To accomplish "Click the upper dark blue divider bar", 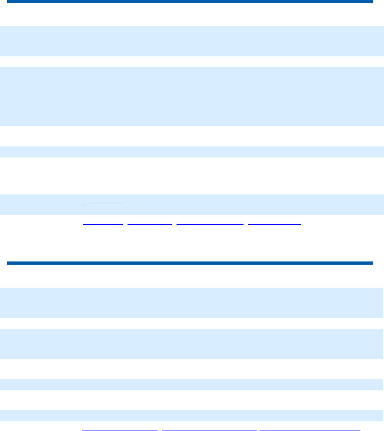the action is (189, 2).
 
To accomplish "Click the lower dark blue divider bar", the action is (189, 263).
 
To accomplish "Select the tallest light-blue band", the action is (192, 97).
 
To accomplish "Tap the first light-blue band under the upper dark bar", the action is (192, 41).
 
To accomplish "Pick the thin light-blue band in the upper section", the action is (192, 152).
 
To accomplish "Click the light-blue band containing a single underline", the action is (192, 204).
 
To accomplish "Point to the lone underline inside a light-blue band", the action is (104, 203).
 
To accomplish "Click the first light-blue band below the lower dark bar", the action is (192, 303).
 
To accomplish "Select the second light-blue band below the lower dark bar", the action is (192, 344).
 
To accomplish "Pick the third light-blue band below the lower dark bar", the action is (192, 385).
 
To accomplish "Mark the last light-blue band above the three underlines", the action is (192, 415).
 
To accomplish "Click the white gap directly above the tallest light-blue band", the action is (192, 62).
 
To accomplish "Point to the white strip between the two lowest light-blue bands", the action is (192, 400).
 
